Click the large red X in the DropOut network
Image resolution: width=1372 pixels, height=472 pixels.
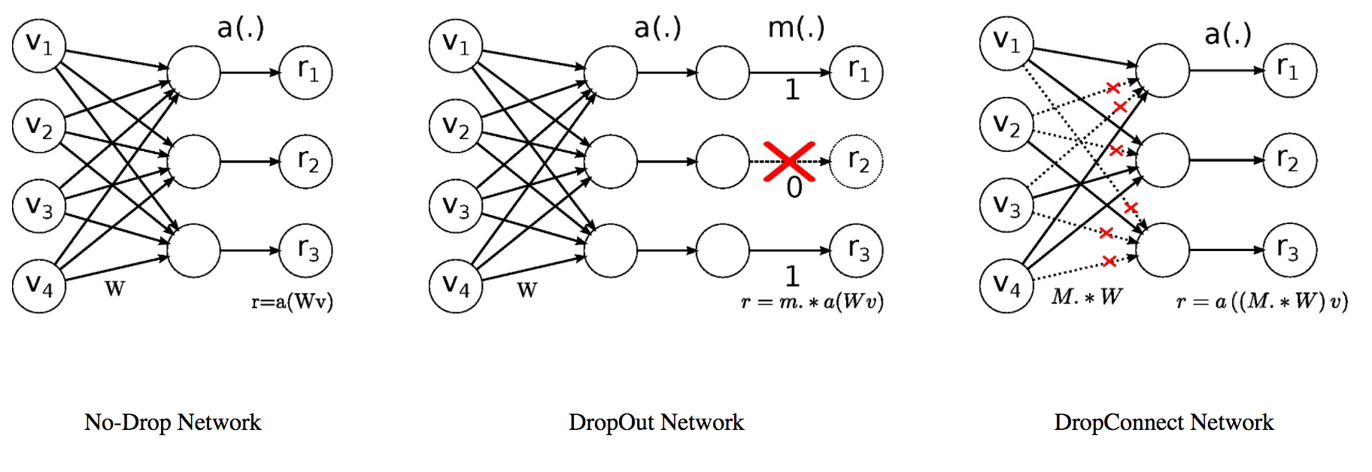789,161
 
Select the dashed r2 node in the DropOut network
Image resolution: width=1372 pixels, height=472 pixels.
856,162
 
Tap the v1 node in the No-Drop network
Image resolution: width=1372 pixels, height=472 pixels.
39,46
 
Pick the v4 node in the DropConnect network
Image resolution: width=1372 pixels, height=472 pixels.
1006,285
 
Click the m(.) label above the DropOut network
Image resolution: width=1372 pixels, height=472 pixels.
796,29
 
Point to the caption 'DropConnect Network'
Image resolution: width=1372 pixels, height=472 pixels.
1164,422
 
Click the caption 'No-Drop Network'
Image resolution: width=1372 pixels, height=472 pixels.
172,422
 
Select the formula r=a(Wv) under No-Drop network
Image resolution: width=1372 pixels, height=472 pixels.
292,302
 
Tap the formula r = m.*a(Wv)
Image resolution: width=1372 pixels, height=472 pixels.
812,302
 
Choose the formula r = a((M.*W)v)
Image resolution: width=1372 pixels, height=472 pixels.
1261,302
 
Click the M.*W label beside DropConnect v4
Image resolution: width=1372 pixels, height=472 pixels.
1086,297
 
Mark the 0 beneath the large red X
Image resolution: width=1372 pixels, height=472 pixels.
794,188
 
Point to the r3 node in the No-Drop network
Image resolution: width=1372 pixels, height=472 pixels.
306,250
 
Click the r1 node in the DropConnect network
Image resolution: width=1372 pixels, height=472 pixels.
1289,70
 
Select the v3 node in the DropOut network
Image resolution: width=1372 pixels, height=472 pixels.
456,206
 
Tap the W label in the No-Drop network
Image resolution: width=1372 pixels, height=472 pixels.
114,289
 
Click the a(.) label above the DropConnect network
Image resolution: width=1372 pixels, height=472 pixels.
1227,34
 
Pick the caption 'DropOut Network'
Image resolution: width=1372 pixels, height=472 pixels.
656,422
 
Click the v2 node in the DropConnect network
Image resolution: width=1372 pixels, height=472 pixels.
1006,124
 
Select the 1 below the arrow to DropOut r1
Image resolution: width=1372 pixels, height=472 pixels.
791,90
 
